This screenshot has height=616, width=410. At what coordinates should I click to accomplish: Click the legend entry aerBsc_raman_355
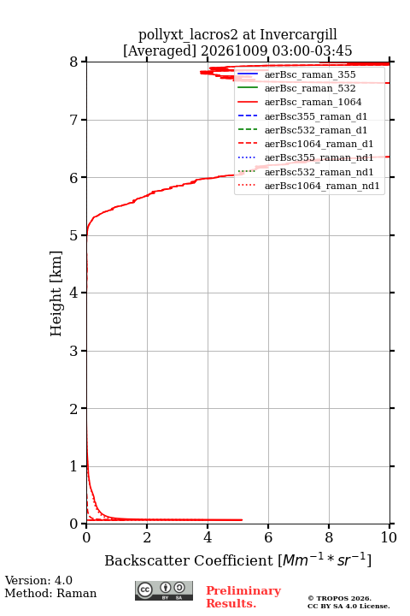(310, 74)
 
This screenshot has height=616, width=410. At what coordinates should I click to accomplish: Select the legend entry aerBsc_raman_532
(310, 88)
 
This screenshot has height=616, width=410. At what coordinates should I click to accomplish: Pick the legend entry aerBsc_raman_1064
(313, 102)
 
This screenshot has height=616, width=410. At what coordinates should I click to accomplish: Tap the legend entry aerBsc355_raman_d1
(316, 116)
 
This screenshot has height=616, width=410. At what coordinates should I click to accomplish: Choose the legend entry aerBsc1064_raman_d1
(319, 144)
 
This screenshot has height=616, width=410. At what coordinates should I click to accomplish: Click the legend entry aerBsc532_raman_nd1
(319, 172)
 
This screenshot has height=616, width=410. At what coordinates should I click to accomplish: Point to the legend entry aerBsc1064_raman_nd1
(322, 186)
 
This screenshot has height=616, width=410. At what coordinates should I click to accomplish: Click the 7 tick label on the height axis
(74, 120)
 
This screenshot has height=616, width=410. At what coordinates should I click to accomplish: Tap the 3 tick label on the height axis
(74, 351)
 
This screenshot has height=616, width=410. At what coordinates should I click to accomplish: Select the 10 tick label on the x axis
(389, 537)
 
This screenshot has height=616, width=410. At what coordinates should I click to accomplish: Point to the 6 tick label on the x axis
(268, 537)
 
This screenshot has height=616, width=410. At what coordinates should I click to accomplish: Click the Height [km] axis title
(56, 293)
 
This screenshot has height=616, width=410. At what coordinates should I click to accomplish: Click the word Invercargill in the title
(299, 35)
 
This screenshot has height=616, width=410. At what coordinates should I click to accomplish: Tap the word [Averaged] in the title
(160, 51)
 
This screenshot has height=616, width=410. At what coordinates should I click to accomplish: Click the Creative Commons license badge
(164, 590)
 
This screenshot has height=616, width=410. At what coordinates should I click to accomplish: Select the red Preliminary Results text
(243, 597)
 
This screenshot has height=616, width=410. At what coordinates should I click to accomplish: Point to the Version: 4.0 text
(38, 580)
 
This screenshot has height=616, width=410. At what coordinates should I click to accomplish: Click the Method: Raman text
(50, 593)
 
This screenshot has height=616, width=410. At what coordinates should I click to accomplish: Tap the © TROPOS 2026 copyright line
(340, 598)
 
